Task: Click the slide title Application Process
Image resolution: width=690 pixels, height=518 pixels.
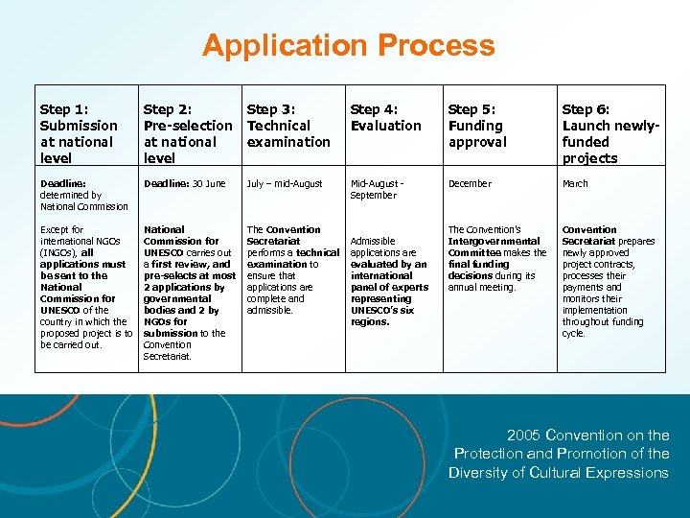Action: pos(348,46)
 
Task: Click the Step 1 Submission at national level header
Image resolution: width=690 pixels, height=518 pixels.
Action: pos(79,133)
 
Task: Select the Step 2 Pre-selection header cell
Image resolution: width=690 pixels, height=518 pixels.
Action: pos(188,133)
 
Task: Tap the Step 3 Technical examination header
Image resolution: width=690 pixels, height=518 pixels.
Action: pos(288,126)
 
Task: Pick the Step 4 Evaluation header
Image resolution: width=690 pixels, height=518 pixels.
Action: pos(385,118)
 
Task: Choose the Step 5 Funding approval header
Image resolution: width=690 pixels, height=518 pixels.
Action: pos(477,126)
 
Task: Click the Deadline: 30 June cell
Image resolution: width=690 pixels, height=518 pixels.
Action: pos(184,183)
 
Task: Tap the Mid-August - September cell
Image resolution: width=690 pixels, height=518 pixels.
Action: pos(377,189)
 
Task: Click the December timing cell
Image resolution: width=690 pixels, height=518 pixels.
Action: pos(470,183)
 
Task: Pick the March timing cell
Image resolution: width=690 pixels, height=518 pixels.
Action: pos(575,183)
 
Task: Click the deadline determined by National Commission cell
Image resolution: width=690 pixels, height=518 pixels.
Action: pos(83,195)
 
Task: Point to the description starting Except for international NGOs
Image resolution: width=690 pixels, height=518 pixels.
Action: pos(85,287)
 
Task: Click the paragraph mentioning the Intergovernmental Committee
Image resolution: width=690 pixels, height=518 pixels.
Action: pos(496,258)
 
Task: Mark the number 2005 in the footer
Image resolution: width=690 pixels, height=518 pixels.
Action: pos(524,435)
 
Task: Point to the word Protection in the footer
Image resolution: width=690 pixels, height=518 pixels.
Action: pos(488,453)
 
